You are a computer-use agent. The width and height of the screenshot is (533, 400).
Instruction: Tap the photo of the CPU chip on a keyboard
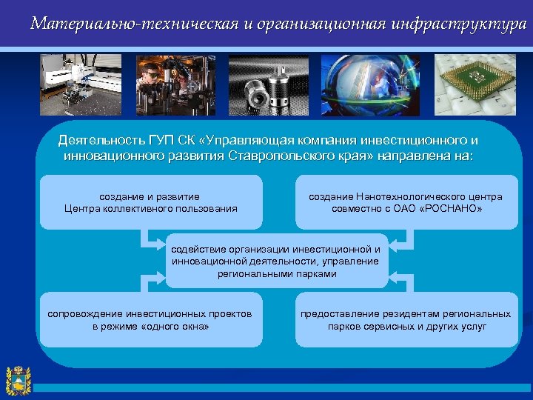pos(475,84)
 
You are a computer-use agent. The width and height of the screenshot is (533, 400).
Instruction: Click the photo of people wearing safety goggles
pos(175,84)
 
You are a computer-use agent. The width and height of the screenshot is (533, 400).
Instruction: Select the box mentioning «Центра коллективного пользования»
pos(151,202)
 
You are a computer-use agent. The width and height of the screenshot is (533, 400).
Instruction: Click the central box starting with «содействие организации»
pos(276,261)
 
